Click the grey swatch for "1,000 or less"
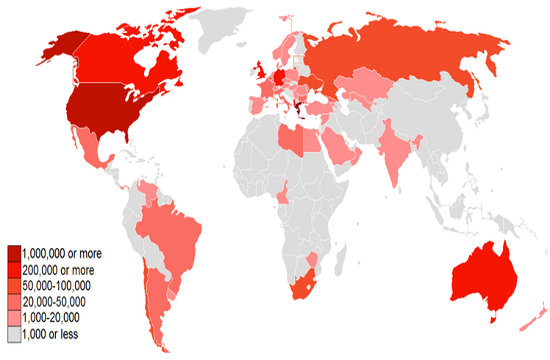click(x=14, y=332)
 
